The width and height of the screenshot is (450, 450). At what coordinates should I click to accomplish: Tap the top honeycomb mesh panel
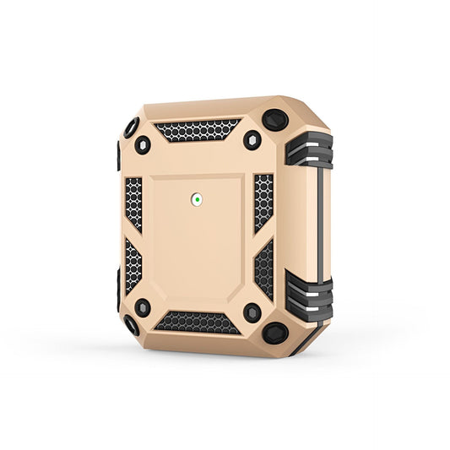(x=198, y=130)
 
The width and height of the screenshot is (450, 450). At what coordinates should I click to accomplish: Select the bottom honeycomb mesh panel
(x=197, y=321)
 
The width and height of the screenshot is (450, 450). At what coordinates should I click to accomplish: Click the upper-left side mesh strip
(x=133, y=203)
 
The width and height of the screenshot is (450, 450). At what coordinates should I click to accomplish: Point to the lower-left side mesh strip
(x=133, y=267)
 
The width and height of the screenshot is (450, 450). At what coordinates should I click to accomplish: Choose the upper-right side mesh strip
(x=263, y=203)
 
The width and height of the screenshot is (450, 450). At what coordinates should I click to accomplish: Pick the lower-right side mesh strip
(x=264, y=268)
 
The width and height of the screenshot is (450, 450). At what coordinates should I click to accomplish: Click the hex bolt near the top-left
(x=143, y=144)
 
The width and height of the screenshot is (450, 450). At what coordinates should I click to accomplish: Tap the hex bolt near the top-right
(x=252, y=140)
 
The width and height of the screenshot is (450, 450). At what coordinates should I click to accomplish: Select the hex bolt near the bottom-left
(x=143, y=307)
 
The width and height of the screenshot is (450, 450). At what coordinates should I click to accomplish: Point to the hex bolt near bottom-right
(x=252, y=313)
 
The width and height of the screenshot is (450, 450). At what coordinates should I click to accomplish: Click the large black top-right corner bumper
(x=275, y=121)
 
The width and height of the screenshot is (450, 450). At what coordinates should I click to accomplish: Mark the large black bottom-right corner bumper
(x=275, y=333)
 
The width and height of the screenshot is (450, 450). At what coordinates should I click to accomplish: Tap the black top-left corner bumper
(x=131, y=128)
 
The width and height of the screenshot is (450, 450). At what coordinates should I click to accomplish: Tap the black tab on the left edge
(x=117, y=155)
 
